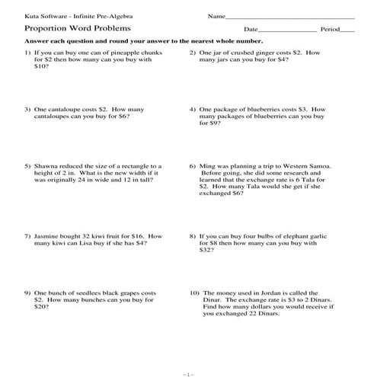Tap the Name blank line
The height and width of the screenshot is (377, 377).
coord(289,17)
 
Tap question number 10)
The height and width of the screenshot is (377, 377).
coord(194,292)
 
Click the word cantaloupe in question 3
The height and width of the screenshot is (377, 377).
coord(65,109)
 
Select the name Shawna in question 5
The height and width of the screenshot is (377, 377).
coord(46,165)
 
